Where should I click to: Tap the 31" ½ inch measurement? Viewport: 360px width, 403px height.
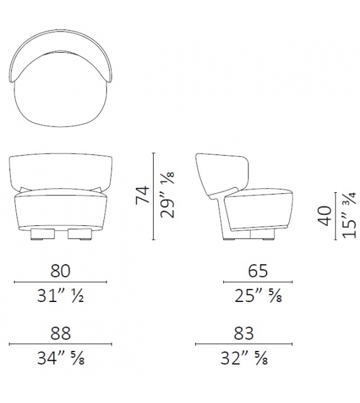[x=61, y=294]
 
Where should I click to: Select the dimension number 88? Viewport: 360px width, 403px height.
[x=61, y=333]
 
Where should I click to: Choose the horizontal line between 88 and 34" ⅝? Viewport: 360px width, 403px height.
[x=61, y=345]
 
